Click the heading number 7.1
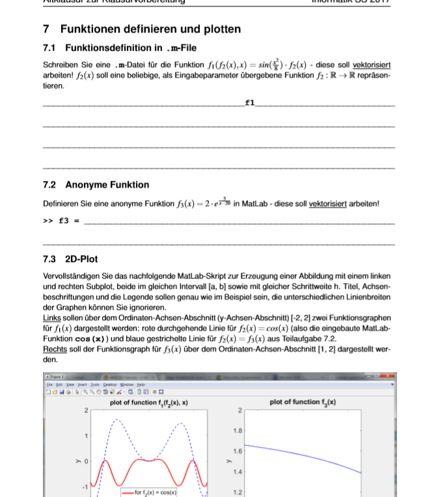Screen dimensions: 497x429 click(49, 47)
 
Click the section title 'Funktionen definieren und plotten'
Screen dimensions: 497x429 click(150, 29)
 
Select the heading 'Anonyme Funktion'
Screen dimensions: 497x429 click(107, 185)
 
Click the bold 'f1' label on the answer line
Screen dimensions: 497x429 click(249, 103)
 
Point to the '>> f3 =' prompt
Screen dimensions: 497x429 click(61, 221)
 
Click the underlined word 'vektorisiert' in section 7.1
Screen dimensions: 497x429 click(372, 65)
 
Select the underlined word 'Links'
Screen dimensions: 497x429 click(52, 317)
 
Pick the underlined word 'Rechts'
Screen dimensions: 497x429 click(55, 349)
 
